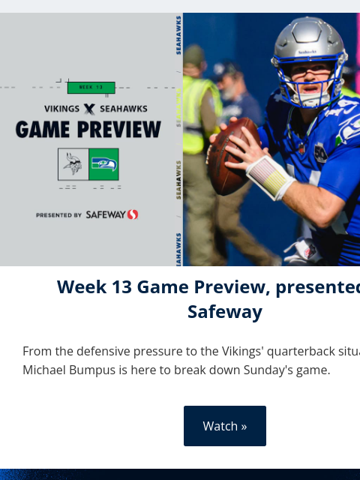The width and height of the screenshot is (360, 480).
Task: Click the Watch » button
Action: [x=225, y=426]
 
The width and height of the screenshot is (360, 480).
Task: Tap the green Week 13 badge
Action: [x=91, y=87]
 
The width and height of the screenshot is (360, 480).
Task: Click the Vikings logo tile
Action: [x=73, y=164]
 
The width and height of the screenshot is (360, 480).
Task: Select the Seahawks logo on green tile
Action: [x=103, y=164]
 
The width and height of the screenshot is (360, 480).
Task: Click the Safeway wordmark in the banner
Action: [x=105, y=214]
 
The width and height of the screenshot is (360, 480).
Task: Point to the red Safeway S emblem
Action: [x=133, y=214]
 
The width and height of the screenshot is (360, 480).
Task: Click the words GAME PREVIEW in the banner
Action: [x=88, y=130]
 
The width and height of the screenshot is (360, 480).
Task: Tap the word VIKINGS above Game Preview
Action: [x=62, y=109]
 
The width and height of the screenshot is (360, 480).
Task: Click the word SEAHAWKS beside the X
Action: [x=124, y=109]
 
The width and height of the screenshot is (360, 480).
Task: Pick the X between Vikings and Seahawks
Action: [x=89, y=109]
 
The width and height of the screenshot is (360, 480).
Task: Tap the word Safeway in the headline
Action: [x=225, y=312]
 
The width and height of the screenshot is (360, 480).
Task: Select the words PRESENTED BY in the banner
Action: [x=58, y=215]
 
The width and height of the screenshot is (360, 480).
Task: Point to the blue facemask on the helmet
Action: [x=315, y=86]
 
